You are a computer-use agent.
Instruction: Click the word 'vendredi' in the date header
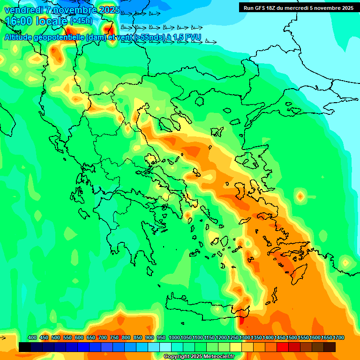[22, 9]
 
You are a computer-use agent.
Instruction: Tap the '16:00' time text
[19, 22]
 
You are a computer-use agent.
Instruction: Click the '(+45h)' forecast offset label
[81, 21]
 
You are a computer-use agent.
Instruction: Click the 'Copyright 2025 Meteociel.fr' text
[199, 357]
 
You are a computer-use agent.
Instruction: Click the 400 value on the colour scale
[32, 337]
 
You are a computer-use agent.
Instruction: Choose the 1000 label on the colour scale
[174, 337]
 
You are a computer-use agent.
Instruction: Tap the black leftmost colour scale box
[25, 347]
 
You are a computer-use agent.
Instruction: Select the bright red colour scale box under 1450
[283, 347]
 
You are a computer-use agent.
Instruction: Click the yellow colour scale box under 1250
[236, 347]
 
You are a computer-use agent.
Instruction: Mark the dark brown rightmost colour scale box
[330, 347]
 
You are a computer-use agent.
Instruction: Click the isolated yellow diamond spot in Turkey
[300, 195]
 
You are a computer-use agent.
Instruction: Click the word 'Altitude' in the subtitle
[21, 37]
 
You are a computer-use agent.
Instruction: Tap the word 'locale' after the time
[51, 22]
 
